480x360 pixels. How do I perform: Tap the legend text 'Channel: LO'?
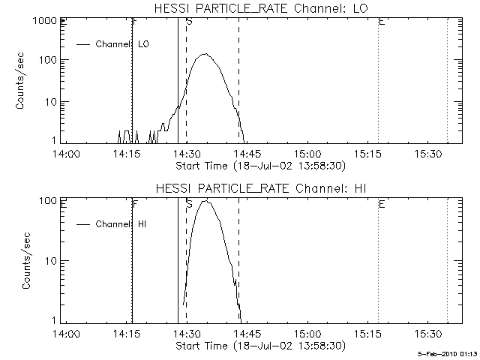tap(123, 44)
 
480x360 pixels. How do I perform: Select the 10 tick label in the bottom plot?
tap(52, 260)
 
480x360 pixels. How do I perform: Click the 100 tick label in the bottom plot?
tap(50, 201)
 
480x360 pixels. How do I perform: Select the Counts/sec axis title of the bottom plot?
tap(27, 260)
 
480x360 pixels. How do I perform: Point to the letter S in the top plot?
tap(189, 23)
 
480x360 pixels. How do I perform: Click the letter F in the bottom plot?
tap(135, 203)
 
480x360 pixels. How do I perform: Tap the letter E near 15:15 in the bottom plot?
tap(382, 203)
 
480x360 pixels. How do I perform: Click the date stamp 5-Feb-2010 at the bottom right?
tap(448, 352)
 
